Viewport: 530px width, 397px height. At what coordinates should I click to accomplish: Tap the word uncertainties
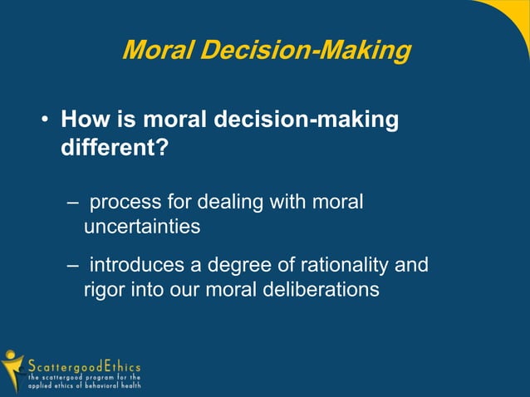point(142,225)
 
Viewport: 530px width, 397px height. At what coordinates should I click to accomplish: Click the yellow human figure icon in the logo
point(12,369)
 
